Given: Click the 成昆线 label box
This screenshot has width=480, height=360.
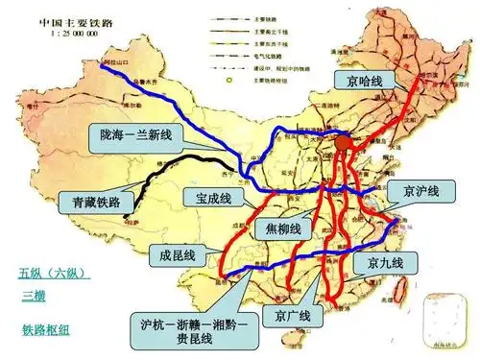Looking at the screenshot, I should (178, 254).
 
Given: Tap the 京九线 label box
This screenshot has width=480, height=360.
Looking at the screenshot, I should (384, 262).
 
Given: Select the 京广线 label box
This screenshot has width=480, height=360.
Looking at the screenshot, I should (292, 317).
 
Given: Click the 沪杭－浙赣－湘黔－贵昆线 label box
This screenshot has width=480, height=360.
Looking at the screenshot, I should (192, 332).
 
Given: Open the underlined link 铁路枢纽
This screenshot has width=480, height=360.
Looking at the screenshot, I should (47, 329).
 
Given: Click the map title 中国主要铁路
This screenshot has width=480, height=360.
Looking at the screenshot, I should (75, 19).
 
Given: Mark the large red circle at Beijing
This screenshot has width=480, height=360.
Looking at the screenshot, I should (344, 142).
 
